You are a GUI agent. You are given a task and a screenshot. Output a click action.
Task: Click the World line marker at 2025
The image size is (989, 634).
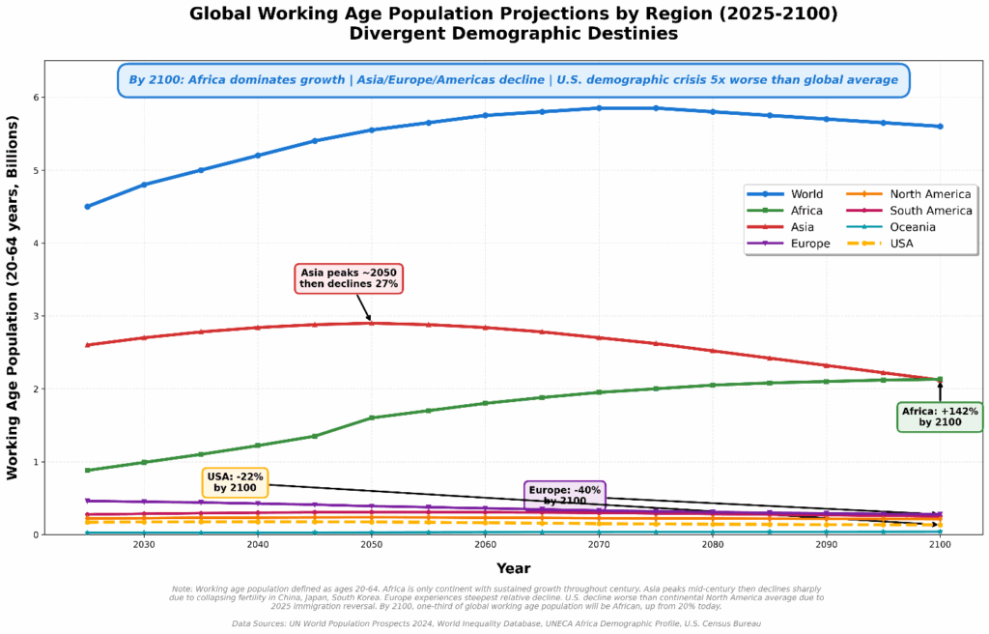[x=87, y=206]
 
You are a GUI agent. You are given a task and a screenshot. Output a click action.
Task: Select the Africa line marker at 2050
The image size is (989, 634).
[x=372, y=418]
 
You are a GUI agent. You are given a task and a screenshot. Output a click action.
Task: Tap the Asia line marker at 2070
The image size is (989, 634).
[x=599, y=337]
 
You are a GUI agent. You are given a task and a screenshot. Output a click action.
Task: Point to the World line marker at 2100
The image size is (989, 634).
[x=940, y=127]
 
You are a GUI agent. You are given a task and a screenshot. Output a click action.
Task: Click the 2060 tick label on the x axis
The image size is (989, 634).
[x=485, y=546]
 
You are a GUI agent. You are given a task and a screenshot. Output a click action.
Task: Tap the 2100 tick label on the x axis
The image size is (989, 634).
[x=940, y=546]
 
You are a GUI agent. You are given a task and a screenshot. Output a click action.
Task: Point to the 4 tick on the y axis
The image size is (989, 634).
[x=35, y=244]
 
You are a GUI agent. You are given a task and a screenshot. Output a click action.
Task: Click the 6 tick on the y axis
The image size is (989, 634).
[x=35, y=98]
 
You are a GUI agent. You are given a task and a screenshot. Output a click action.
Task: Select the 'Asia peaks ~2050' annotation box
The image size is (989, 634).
[x=349, y=278]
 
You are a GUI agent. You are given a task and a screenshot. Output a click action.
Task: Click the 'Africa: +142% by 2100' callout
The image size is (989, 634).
[x=940, y=417]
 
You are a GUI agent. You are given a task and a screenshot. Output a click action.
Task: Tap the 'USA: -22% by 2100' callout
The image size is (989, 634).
[x=235, y=482]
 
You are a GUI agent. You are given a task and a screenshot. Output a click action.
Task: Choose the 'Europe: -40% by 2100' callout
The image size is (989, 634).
[x=565, y=495]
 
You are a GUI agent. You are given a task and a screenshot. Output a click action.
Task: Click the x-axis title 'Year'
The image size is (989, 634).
[x=513, y=568]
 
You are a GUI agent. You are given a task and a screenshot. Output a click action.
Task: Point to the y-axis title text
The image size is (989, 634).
[x=14, y=298]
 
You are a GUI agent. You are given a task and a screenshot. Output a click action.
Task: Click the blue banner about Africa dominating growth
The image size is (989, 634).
[x=513, y=80]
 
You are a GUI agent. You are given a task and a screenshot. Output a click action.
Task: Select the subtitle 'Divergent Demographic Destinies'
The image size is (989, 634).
[x=513, y=34]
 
